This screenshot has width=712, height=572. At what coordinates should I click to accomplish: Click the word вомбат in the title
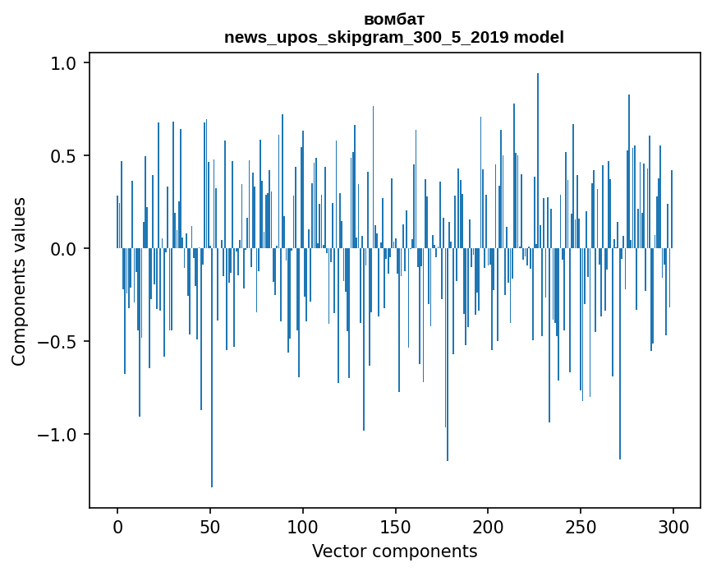point(394,19)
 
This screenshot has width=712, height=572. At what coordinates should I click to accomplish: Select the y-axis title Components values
point(19,281)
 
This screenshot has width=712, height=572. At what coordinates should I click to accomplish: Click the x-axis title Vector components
point(394,551)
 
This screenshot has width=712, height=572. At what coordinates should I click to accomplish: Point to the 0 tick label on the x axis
point(117,526)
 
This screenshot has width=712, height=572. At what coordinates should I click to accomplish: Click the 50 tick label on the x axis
point(210,526)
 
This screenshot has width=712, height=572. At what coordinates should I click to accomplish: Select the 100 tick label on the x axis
point(303,526)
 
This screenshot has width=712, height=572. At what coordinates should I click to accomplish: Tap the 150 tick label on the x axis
point(395,526)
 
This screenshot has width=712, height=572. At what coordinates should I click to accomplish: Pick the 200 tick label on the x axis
point(488,526)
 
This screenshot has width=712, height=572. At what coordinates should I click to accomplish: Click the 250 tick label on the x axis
point(581,526)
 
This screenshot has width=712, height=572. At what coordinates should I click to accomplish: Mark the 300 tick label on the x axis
point(673,526)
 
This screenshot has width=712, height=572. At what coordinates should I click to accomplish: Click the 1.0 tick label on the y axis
point(64,63)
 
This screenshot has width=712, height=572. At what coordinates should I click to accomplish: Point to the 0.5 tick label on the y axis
point(64,156)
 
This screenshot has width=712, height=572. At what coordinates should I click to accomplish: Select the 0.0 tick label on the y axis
point(64,248)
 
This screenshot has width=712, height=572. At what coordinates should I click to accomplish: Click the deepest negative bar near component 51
point(212,370)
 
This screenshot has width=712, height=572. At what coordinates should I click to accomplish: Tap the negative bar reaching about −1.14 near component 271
point(620,353)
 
